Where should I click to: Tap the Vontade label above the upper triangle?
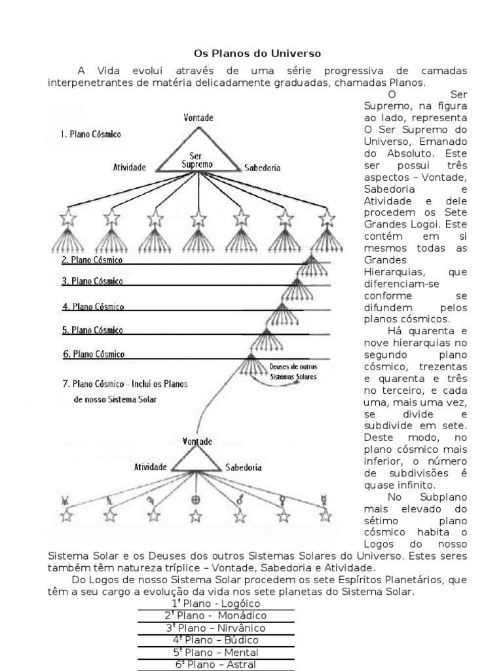pos(197,119)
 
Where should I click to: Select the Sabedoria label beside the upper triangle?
pos(262,168)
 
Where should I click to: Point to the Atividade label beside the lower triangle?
pos(152,467)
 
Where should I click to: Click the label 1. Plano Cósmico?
pos(90,134)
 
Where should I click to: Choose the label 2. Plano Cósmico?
pos(92,259)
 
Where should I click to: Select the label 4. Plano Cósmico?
pos(92,307)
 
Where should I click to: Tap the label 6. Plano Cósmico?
pos(93,355)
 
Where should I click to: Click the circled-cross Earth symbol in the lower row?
pos(196,500)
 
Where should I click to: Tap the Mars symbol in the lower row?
pos(240,500)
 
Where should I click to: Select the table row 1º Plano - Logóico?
pos(215,604)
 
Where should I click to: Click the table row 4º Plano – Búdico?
pos(215,640)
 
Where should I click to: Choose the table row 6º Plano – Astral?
pos(215,664)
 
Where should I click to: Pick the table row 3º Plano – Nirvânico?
pos(215,628)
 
